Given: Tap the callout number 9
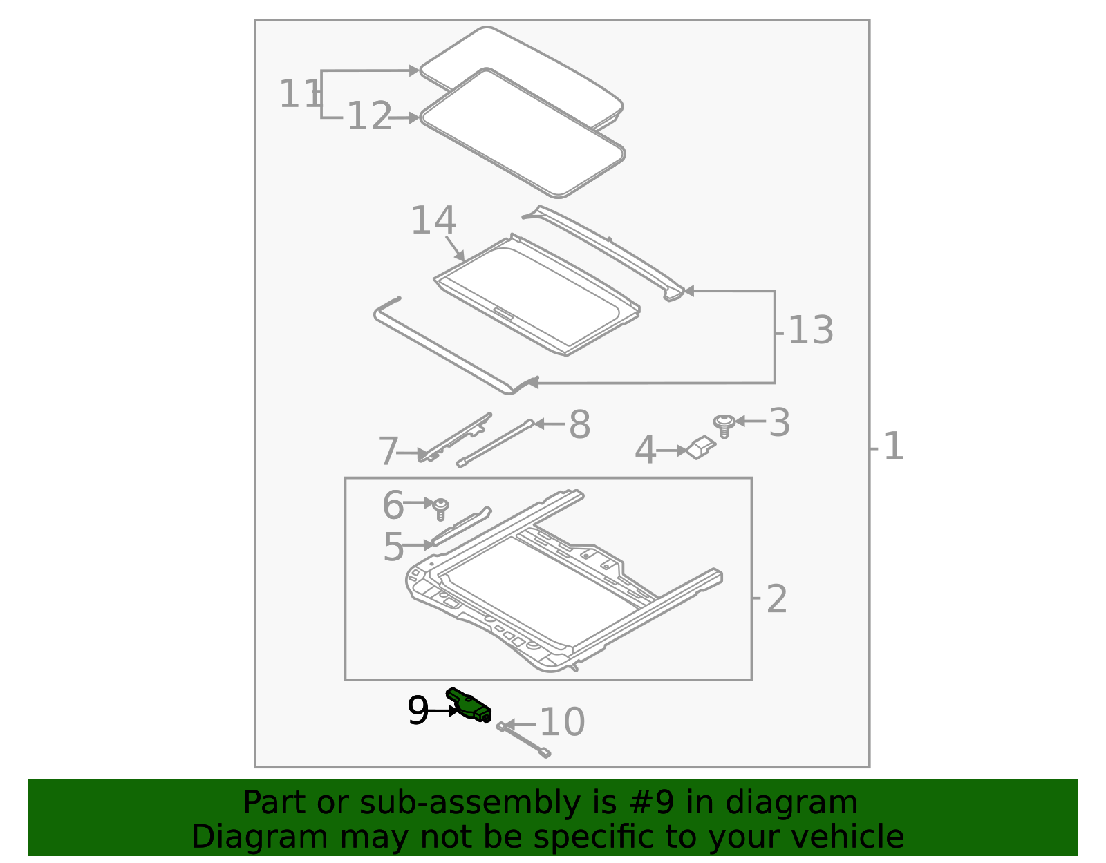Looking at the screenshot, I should (x=418, y=710).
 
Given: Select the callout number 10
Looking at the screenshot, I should (x=562, y=723).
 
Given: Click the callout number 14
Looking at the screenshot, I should (x=433, y=221).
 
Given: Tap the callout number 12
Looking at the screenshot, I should (x=369, y=117).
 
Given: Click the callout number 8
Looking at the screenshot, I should (x=579, y=424).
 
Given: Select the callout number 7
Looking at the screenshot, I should (x=388, y=453).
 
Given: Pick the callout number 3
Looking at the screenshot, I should (x=779, y=422).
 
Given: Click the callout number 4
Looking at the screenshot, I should (x=645, y=451).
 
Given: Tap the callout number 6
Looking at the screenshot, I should (x=393, y=505).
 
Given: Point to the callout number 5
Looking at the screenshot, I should (x=393, y=547).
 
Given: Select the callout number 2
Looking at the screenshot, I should (x=776, y=599).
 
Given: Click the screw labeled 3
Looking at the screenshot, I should (x=724, y=425).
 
